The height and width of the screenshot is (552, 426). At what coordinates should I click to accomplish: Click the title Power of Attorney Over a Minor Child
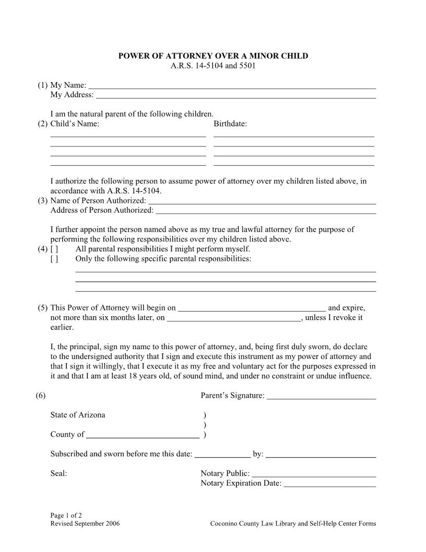coord(213,56)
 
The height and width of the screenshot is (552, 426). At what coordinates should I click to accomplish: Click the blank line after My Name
coord(232,85)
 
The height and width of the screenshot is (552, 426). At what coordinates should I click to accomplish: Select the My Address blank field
coord(236,95)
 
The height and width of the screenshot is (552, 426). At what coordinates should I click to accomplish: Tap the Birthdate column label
coord(230,124)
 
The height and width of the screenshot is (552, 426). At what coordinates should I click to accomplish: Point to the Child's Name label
coord(75,124)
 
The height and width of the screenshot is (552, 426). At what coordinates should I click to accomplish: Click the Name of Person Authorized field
coord(262,201)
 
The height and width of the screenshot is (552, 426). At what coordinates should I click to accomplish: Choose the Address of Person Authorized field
coord(266,211)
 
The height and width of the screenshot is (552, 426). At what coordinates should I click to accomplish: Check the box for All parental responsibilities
coord(54,249)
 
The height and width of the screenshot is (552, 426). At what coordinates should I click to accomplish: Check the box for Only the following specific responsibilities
coord(54,259)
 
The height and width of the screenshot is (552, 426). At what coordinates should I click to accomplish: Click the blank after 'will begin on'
coord(252,308)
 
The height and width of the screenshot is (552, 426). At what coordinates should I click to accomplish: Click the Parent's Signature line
coord(321,396)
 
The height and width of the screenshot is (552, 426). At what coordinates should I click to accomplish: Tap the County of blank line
coord(143,434)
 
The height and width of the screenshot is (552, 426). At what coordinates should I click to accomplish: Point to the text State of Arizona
coord(78,415)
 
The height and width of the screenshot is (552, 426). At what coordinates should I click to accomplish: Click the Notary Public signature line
coord(314,474)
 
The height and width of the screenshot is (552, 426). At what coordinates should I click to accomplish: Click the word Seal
coord(58,474)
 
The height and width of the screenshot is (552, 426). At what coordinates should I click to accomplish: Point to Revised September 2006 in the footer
coord(85,523)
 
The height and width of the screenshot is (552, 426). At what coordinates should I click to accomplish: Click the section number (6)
coord(41,396)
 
